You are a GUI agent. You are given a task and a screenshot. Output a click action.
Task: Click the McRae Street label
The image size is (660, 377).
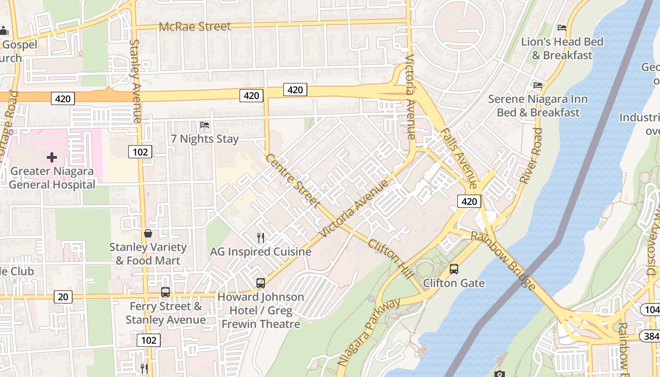[x=195, y=26]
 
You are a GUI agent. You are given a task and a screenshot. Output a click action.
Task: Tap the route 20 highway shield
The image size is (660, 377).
[x=63, y=297]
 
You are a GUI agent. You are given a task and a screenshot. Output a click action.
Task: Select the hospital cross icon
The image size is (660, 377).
[x=52, y=157]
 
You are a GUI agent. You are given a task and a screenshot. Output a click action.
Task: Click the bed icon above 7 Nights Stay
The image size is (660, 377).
[x=205, y=125]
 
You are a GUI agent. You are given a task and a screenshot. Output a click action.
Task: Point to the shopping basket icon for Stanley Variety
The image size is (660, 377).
[x=148, y=233]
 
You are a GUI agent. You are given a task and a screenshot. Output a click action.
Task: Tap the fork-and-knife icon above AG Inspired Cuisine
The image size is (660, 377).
[x=260, y=238]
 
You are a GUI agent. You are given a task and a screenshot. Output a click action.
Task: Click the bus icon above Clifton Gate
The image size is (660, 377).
[x=454, y=269]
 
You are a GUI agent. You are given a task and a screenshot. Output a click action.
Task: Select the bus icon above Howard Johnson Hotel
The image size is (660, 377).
[x=260, y=283]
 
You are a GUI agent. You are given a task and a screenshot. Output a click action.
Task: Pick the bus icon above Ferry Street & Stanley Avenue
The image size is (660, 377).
[x=165, y=292]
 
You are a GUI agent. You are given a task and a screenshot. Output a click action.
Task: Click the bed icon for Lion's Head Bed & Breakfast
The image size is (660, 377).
[x=561, y=28]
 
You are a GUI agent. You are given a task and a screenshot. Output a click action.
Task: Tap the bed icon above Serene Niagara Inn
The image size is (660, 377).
[x=537, y=85]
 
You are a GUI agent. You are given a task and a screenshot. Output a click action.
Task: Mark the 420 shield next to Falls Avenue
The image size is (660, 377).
[x=469, y=202]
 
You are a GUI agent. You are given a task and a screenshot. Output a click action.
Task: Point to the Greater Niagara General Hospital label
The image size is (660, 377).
[x=52, y=178]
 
